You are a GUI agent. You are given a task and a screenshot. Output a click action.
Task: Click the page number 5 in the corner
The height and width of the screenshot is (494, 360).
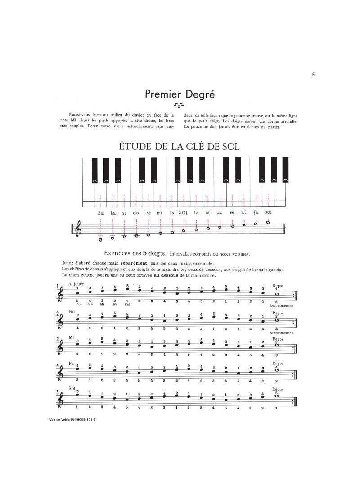(313, 75)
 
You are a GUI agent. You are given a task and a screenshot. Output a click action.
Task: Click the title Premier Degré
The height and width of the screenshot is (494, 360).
(180, 94)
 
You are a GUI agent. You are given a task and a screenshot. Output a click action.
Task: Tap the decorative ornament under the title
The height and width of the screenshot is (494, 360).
(180, 106)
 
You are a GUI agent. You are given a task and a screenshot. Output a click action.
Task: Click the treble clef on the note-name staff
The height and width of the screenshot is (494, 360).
(80, 229)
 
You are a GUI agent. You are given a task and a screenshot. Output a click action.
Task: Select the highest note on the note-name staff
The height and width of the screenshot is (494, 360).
(268, 222)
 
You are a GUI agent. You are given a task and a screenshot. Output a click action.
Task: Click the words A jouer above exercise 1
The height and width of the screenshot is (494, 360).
(76, 284)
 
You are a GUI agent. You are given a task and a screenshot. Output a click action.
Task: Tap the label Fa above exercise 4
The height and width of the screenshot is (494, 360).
(71, 363)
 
